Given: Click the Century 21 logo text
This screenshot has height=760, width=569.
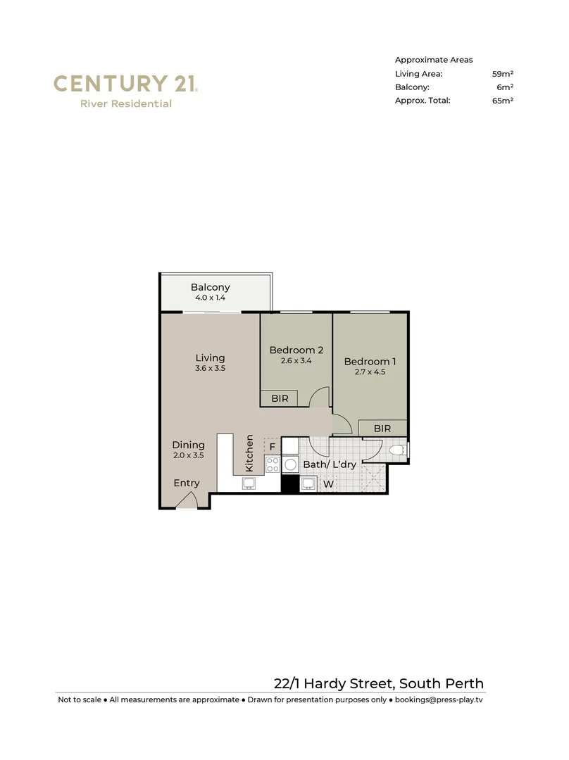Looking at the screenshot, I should point(125,84).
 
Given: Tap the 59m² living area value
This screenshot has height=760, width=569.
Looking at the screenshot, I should point(502,73).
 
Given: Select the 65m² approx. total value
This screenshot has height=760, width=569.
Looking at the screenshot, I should point(502,101).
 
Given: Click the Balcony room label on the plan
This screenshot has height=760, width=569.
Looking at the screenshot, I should point(210,287).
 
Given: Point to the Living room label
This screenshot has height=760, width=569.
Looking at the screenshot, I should point(210,357).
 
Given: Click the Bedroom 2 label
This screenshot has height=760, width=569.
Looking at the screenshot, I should point(296,350).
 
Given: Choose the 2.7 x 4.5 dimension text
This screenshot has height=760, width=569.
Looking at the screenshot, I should point(370,372).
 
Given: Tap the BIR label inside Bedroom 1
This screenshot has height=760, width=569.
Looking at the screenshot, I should point(382,428).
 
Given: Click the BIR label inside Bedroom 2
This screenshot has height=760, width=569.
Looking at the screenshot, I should point(279,398).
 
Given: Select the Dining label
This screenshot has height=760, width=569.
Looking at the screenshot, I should point(188,445).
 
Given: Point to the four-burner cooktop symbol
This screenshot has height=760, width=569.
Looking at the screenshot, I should point(273,464).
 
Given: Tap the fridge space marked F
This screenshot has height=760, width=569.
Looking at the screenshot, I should point(273,445).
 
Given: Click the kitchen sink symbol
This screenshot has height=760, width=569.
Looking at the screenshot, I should point(249,483).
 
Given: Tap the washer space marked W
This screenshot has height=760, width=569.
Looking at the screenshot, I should point(327,483).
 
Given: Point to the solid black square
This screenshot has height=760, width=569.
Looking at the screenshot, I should point(289,483).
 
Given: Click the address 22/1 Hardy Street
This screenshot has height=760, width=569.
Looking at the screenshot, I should point(378,683).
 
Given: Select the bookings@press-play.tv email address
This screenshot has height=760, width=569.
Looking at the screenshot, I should point(438,700).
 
